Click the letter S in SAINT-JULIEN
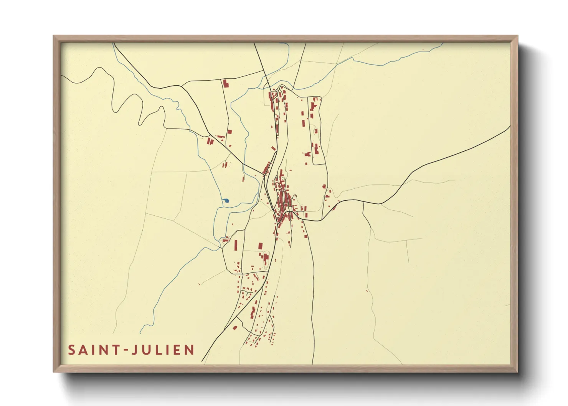coord(72,350)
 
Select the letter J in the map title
coord(135,350)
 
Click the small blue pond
coord(226,201)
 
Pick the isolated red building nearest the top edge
coord(225,83)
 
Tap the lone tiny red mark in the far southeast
coord(367,291)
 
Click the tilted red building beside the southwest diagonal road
coord(235,327)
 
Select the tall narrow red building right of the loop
coord(236,245)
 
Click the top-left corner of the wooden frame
coord(54,36)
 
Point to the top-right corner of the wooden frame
coord(517,36)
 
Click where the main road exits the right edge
coord(510,126)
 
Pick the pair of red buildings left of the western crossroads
coord(210,141)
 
